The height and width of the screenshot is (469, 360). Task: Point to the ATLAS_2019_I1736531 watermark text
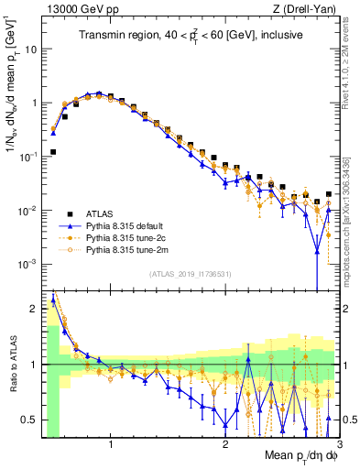[189, 274]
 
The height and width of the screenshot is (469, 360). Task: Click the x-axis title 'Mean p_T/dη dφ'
[289, 455]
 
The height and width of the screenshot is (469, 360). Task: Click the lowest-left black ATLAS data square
[53, 152]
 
